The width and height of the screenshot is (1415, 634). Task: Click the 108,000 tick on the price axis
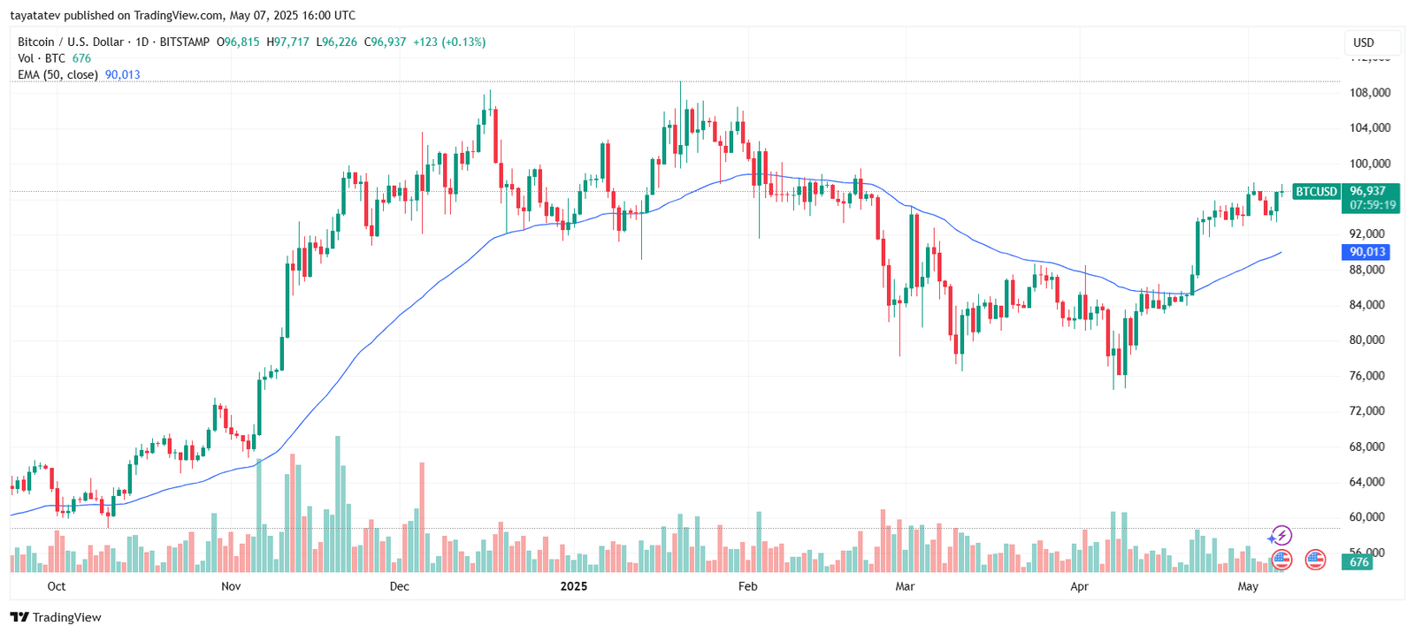tap(1369, 92)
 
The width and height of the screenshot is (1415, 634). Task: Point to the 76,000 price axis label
tap(1367, 375)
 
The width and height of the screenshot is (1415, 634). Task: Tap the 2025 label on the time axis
tap(573, 586)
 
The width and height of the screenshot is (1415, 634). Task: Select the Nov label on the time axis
tap(231, 586)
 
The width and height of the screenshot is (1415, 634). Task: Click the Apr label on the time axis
tap(1079, 586)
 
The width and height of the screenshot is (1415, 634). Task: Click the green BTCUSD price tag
tap(1316, 191)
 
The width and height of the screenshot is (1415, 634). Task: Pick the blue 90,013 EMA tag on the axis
tap(1366, 252)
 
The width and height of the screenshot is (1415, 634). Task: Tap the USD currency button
tap(1364, 42)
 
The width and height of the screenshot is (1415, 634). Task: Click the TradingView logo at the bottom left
tap(56, 617)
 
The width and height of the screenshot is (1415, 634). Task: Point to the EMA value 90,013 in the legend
tap(123, 75)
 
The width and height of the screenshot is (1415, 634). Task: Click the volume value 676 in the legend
tap(81, 58)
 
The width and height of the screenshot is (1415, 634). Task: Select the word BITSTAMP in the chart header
tap(185, 42)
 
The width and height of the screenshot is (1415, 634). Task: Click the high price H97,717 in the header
tap(288, 42)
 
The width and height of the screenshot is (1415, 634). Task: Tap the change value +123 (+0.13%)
tap(449, 42)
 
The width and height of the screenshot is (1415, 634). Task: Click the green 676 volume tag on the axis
tap(1358, 561)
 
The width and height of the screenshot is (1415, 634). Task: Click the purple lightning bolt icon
tap(1281, 536)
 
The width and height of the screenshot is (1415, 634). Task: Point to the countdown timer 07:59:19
tap(1373, 205)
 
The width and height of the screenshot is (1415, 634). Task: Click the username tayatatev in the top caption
tap(34, 15)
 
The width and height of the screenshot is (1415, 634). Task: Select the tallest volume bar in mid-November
tap(338, 504)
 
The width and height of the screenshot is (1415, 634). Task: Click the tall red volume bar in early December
tap(422, 517)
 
